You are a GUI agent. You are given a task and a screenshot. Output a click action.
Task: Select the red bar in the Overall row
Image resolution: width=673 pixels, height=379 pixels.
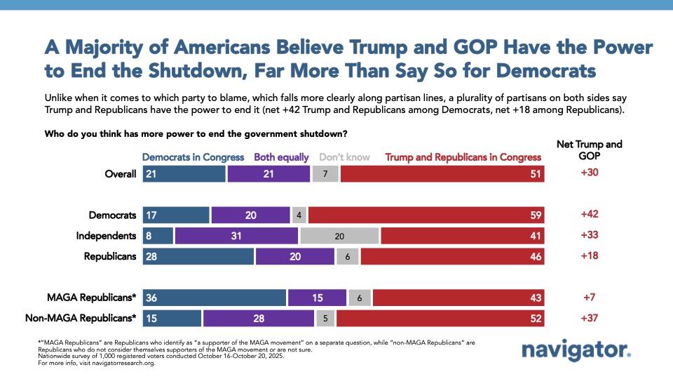pos(443,174)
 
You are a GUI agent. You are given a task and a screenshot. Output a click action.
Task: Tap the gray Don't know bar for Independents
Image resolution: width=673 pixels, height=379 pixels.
pos(339,236)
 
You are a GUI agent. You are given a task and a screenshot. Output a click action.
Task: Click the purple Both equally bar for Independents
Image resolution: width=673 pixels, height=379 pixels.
pos(236,236)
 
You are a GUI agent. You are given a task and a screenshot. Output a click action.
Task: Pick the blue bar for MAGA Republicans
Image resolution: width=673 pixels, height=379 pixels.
pos(215,298)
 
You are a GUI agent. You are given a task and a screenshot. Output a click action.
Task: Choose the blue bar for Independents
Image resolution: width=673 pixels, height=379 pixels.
pos(158,236)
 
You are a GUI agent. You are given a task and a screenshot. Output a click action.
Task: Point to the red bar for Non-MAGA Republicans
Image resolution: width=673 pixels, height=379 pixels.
pos(441,318)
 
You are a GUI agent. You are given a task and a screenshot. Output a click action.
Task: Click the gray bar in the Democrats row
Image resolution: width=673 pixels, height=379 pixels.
pos(299,215)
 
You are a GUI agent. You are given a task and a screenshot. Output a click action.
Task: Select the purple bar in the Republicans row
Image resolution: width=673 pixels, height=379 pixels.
pos(294,256)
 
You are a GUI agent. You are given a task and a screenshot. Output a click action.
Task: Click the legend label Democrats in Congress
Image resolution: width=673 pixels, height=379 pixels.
pos(193,157)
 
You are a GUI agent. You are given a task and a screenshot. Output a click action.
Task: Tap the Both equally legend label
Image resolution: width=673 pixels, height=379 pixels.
pos(281,157)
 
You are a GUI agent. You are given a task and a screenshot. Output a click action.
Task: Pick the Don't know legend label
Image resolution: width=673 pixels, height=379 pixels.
pos(347,157)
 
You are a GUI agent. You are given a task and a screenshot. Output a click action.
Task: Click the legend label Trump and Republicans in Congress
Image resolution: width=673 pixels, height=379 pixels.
pos(463,157)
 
